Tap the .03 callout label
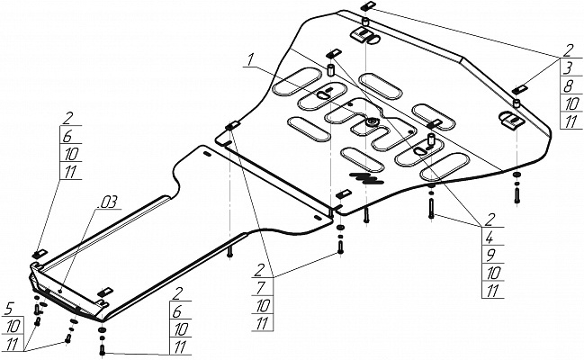pos(108,199)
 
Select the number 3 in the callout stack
pos(570,67)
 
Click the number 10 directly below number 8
pos(570,104)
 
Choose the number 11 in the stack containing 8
pos(570,123)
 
